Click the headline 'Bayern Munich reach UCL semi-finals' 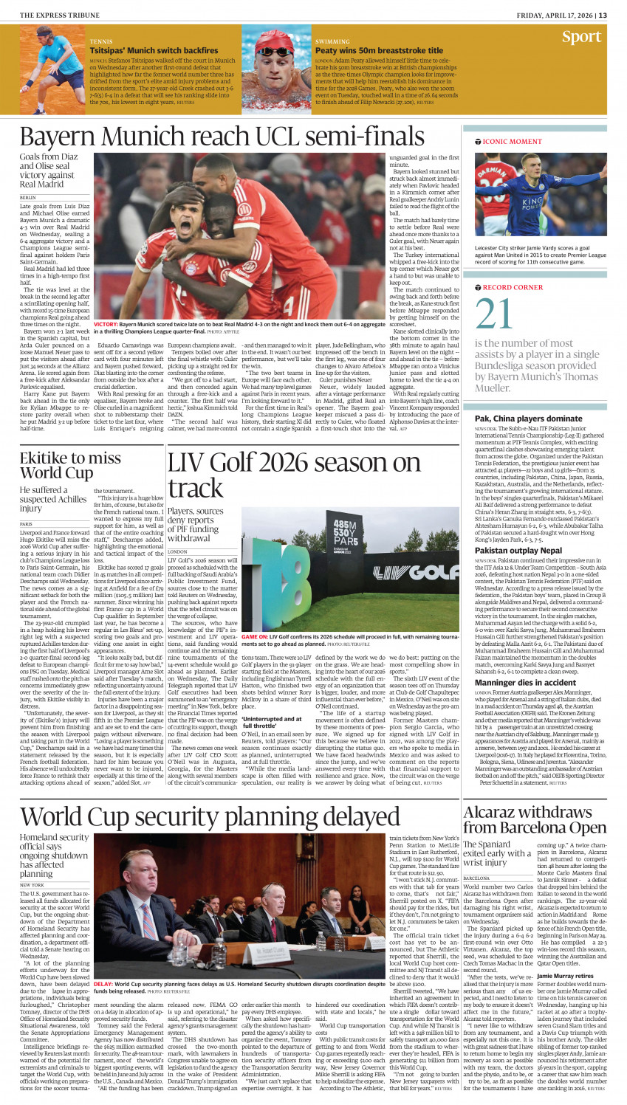coord(222,137)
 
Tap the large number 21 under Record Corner coord(494,313)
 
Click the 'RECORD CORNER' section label coord(512,287)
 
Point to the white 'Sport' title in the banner coord(581,37)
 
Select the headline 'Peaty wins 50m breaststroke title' coord(379,51)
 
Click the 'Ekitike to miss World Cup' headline coord(70,465)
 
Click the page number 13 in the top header coord(603,15)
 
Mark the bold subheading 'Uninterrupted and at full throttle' coord(271,722)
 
